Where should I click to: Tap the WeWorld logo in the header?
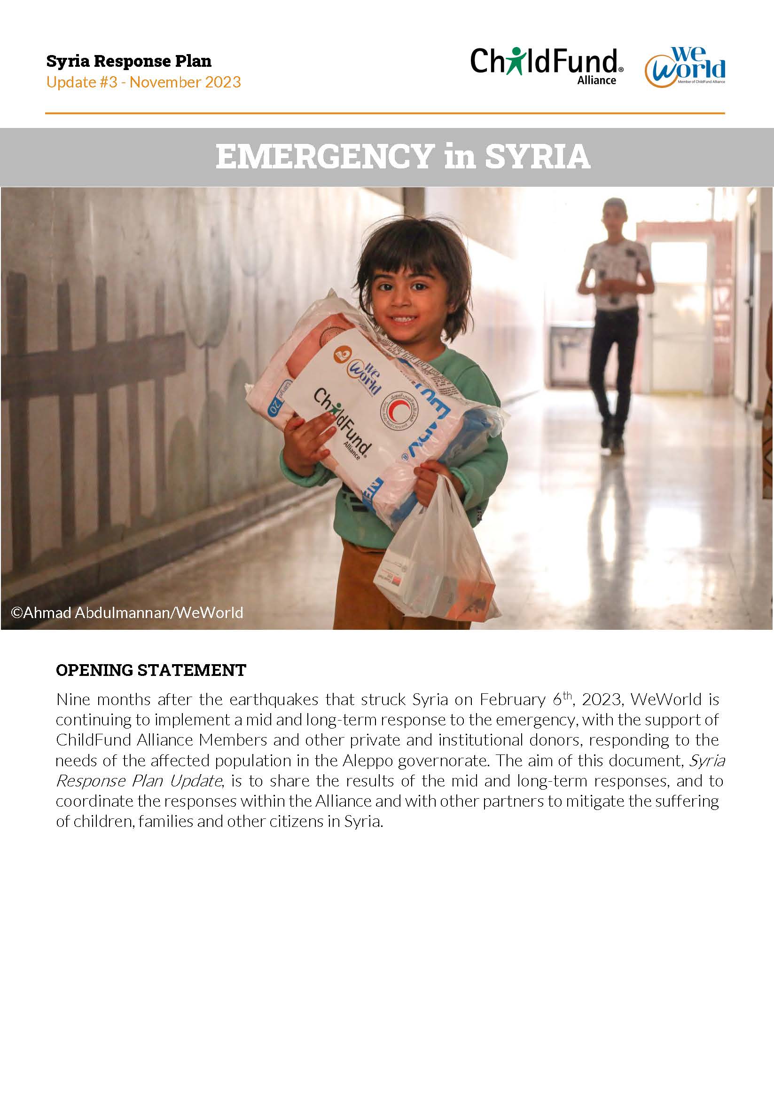pos(685,67)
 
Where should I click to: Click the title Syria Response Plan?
pos(129,61)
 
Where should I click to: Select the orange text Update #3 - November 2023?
pos(143,82)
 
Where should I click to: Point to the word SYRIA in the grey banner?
pos(538,157)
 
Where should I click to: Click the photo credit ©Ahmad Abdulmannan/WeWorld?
pos(127,612)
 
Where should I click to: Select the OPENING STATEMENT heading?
pos(150,670)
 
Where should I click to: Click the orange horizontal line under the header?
pos(385,113)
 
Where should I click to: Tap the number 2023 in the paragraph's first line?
pos(601,699)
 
